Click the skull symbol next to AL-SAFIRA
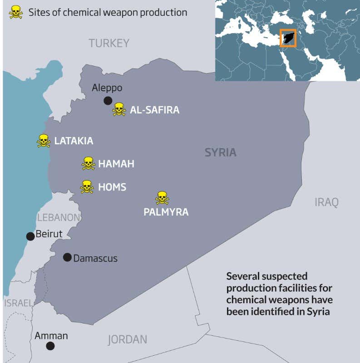tap(119, 109)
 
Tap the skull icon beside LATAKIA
tap(44, 141)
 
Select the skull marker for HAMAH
tap(88, 163)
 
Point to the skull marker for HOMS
tap(87, 187)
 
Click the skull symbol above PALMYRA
tap(162, 198)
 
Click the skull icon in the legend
tap(15, 12)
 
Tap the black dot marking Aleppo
tap(108, 101)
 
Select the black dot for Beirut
tap(30, 236)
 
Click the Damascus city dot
tap(67, 257)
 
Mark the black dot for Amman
tap(50, 346)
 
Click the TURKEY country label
tap(109, 44)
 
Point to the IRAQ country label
tap(326, 202)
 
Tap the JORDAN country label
tap(127, 339)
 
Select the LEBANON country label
tap(59, 217)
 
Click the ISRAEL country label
tap(18, 303)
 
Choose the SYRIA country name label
tap(220, 152)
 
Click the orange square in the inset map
tap(288, 38)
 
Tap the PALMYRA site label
tap(166, 212)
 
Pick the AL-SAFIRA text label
tap(154, 110)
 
